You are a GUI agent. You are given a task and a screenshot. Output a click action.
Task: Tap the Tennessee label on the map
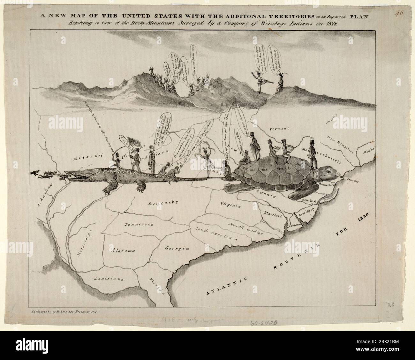coord(139,224)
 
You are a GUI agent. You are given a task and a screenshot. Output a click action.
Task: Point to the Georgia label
coord(177,248)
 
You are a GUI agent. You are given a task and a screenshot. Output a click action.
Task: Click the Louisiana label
coord(109,279)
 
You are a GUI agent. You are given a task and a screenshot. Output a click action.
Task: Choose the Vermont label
coord(279,129)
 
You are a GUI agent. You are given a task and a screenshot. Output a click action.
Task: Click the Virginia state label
coord(230,205)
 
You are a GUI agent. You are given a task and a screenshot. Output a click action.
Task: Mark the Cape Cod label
coord(353,181)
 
